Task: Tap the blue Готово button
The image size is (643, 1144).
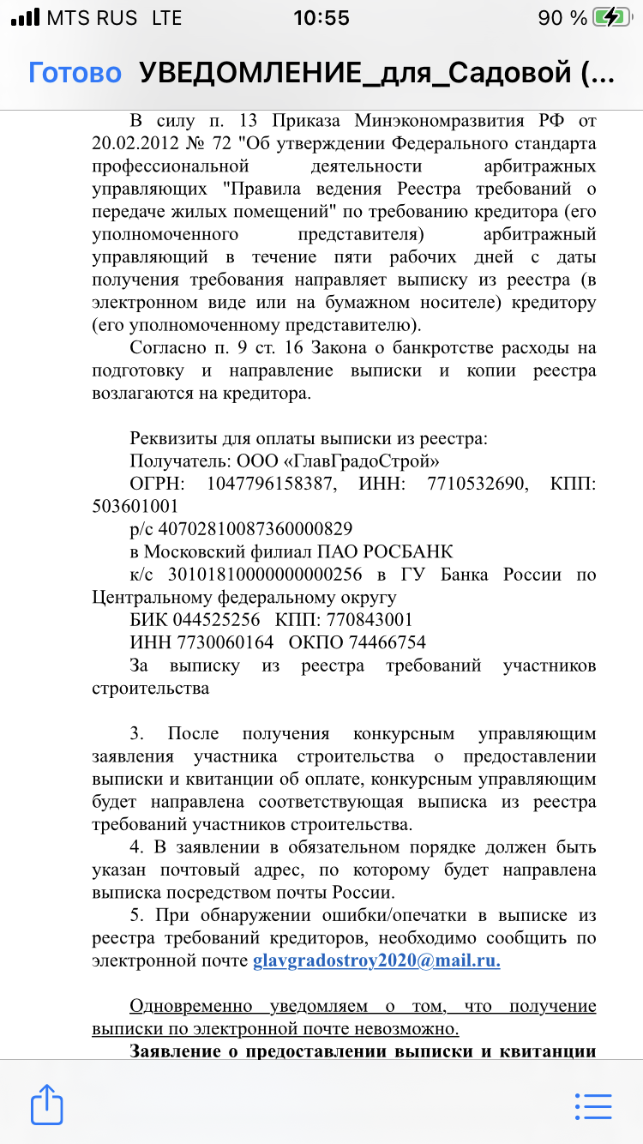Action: tap(75, 74)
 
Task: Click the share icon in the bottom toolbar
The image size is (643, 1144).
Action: tap(47, 1105)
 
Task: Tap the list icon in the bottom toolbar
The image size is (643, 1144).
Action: tap(593, 1105)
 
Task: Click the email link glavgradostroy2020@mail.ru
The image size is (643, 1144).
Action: tap(376, 960)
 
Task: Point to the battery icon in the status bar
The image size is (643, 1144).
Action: tap(613, 18)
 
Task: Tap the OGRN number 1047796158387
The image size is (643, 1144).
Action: tap(269, 484)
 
